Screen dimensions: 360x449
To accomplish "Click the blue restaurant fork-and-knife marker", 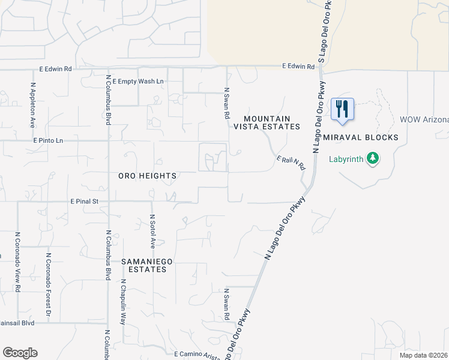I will pos(342,109).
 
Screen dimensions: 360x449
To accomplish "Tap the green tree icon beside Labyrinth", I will pos(373,159).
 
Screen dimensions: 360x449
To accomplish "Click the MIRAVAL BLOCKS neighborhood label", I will pos(360,137).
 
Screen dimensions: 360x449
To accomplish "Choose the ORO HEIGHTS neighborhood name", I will pos(147,176).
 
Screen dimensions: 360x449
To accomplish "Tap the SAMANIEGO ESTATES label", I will pos(143,265).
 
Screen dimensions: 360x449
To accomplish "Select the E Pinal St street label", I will pos(84,202).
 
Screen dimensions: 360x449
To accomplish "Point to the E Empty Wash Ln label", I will pos(137,81).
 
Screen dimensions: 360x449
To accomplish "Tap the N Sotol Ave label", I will pos(152,232).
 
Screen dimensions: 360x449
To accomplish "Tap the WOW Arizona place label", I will pos(424,119).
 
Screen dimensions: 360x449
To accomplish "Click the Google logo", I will pos(20,353).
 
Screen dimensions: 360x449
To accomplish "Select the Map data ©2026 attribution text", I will pos(424,355).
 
